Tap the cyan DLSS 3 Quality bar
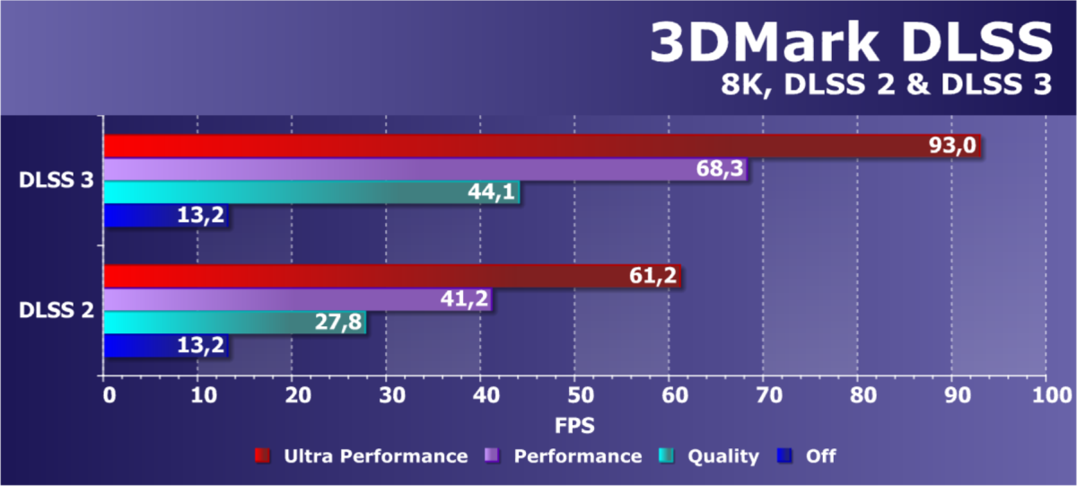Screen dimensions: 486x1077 coord(269,192)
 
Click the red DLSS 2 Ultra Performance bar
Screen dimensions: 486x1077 coord(359,276)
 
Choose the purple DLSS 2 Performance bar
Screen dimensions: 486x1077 coord(269,299)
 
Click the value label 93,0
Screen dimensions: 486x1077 coord(952,146)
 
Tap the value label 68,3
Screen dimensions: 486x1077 coord(721,170)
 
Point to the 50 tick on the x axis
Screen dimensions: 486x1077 coord(574,394)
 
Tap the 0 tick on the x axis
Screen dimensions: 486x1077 coord(105,394)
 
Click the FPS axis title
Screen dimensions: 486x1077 coord(574,423)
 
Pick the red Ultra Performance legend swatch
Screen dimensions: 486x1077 coord(262,456)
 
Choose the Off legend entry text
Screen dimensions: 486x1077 coord(820,456)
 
